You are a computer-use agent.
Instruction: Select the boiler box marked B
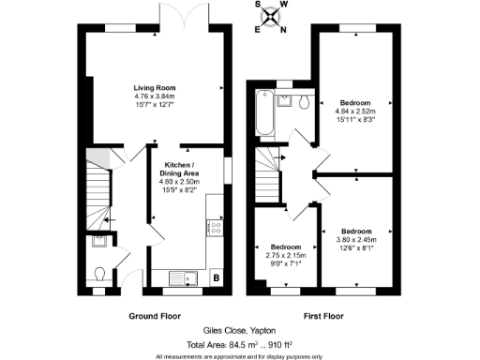217,277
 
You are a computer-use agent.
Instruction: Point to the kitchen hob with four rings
216,226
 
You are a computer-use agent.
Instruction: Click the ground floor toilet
100,275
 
